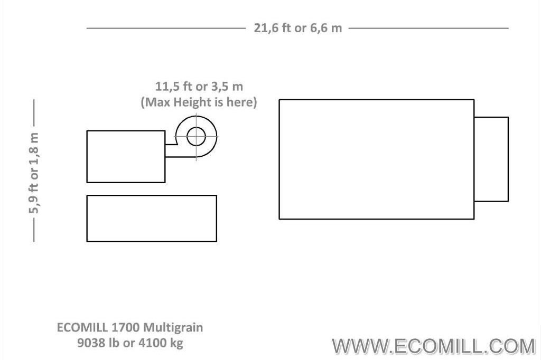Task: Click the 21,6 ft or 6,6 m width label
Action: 298,28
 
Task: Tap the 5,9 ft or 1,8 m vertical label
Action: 34,173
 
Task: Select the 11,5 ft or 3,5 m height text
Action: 199,86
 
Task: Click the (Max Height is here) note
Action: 199,102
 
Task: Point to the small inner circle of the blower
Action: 196,127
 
